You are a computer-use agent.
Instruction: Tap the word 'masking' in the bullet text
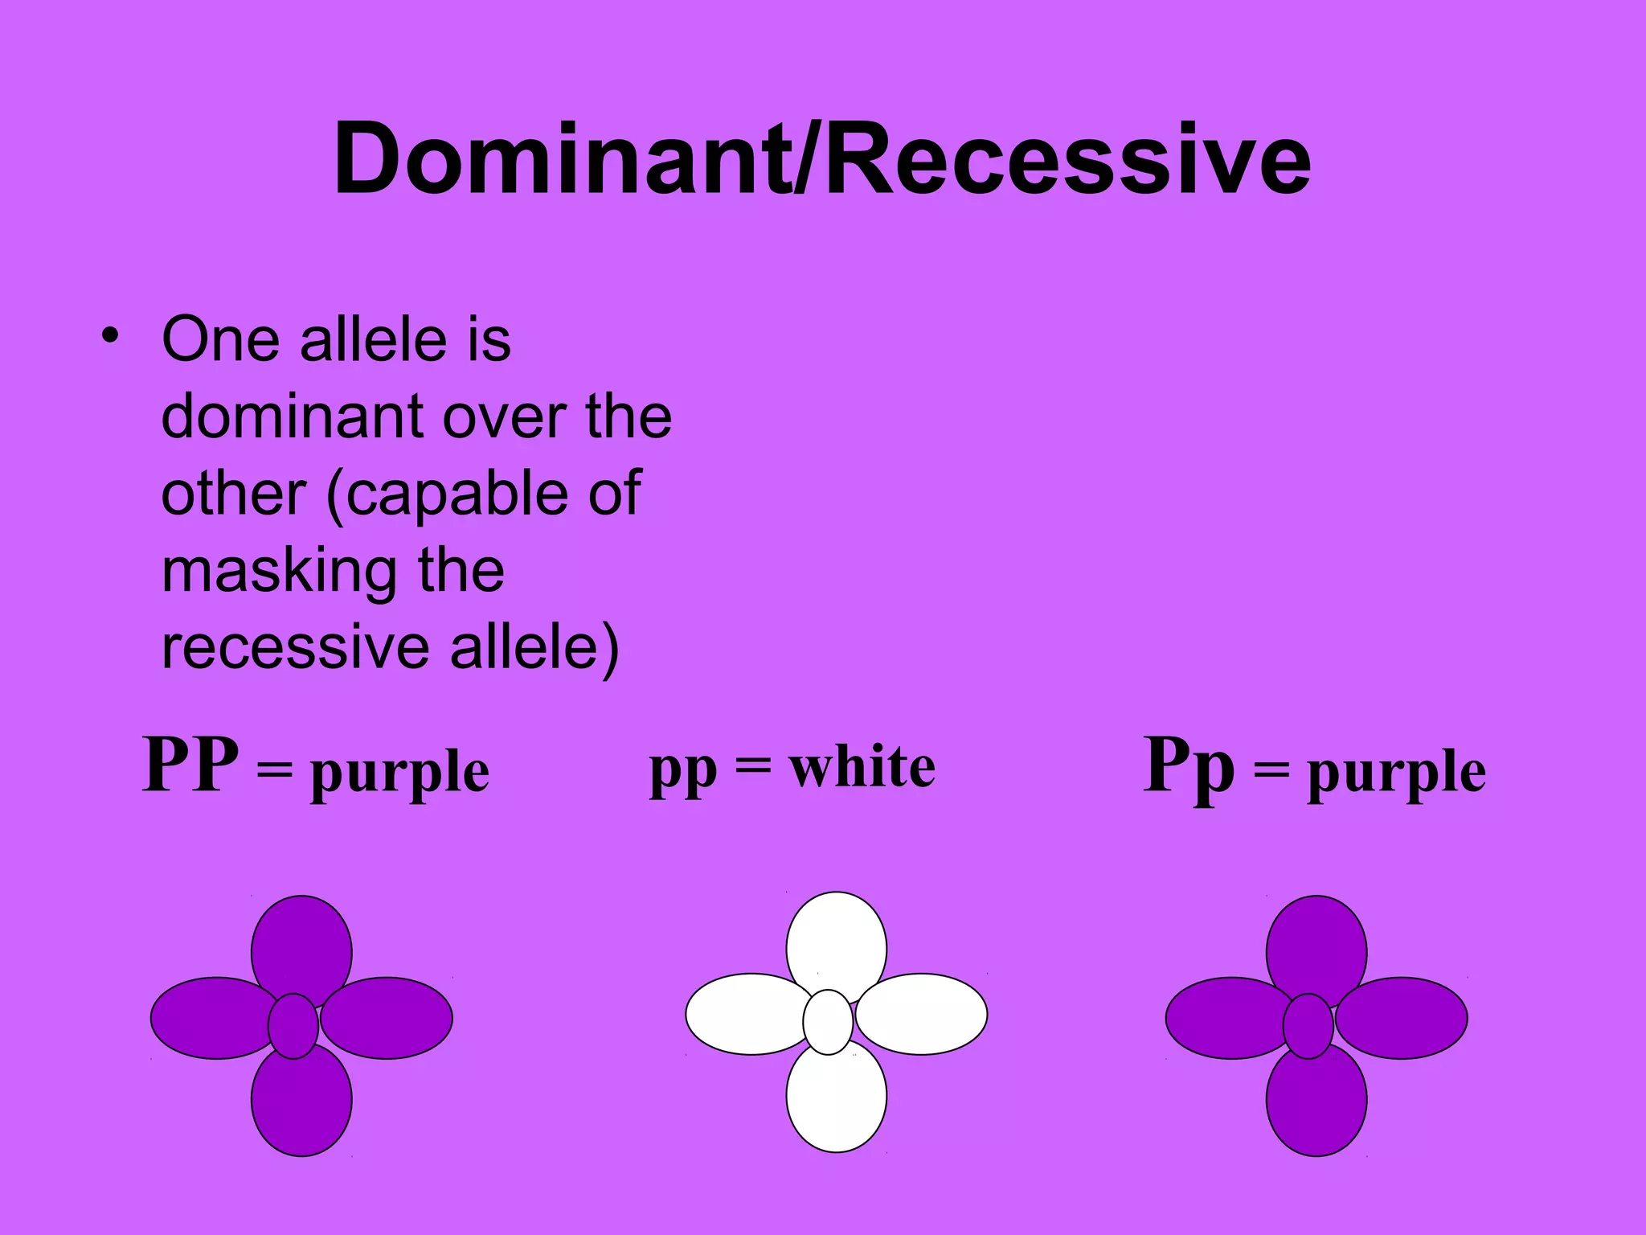point(278,572)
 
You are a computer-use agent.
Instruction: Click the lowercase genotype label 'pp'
point(682,769)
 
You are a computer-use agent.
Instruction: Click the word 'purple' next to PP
point(399,773)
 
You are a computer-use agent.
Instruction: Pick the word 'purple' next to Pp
point(1396,773)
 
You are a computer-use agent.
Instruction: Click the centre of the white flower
point(828,1022)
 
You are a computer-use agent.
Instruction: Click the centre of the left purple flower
point(293,1026)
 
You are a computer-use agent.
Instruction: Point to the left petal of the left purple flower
point(211,1018)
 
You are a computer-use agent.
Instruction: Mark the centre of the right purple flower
point(1308,1026)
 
